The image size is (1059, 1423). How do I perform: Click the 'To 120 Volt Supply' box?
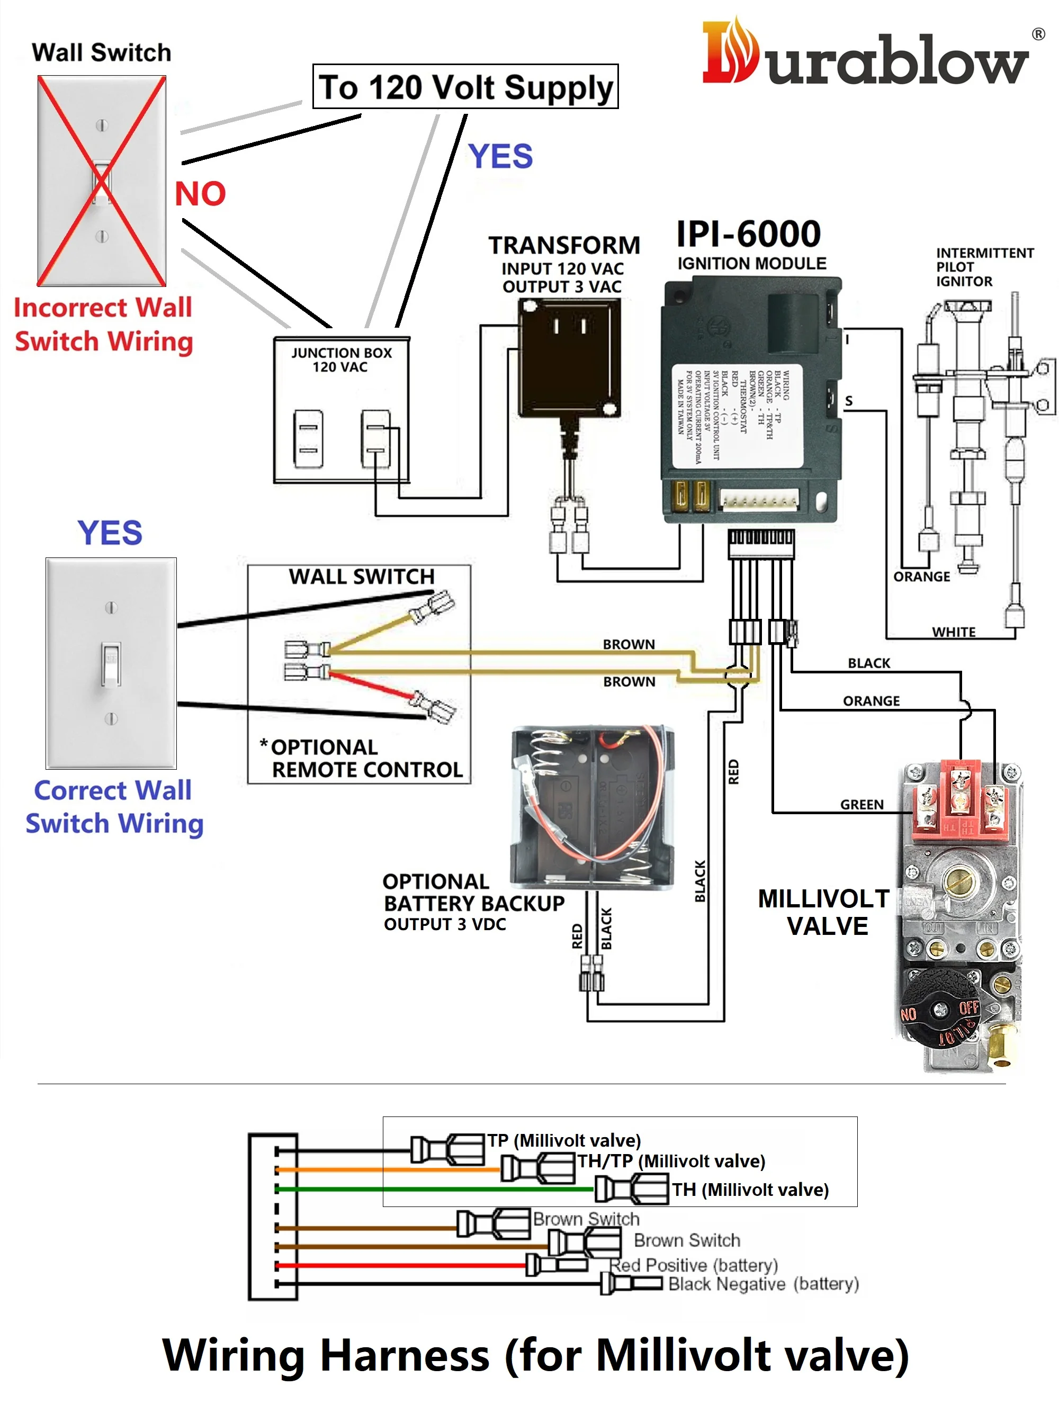click(x=465, y=86)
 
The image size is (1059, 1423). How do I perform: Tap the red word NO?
click(x=200, y=194)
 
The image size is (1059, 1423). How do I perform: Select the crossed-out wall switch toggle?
click(x=102, y=182)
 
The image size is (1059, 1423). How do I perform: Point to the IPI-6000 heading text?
click(x=748, y=233)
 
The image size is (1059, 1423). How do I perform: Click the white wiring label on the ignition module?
click(x=737, y=416)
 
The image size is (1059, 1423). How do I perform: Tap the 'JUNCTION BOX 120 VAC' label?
click(x=341, y=359)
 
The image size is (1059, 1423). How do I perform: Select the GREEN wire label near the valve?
click(x=861, y=805)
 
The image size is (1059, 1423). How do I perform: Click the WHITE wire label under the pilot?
click(x=953, y=632)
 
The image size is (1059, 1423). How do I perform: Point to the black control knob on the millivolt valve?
click(x=939, y=1010)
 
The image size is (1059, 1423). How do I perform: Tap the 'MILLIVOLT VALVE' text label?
click(x=825, y=912)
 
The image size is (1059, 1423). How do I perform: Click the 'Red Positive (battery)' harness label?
click(x=694, y=1265)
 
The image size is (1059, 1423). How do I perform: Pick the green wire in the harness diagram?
click(x=436, y=1190)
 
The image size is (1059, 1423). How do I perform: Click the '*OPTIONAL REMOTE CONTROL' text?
click(x=362, y=758)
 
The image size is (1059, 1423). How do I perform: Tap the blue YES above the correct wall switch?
click(x=110, y=533)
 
